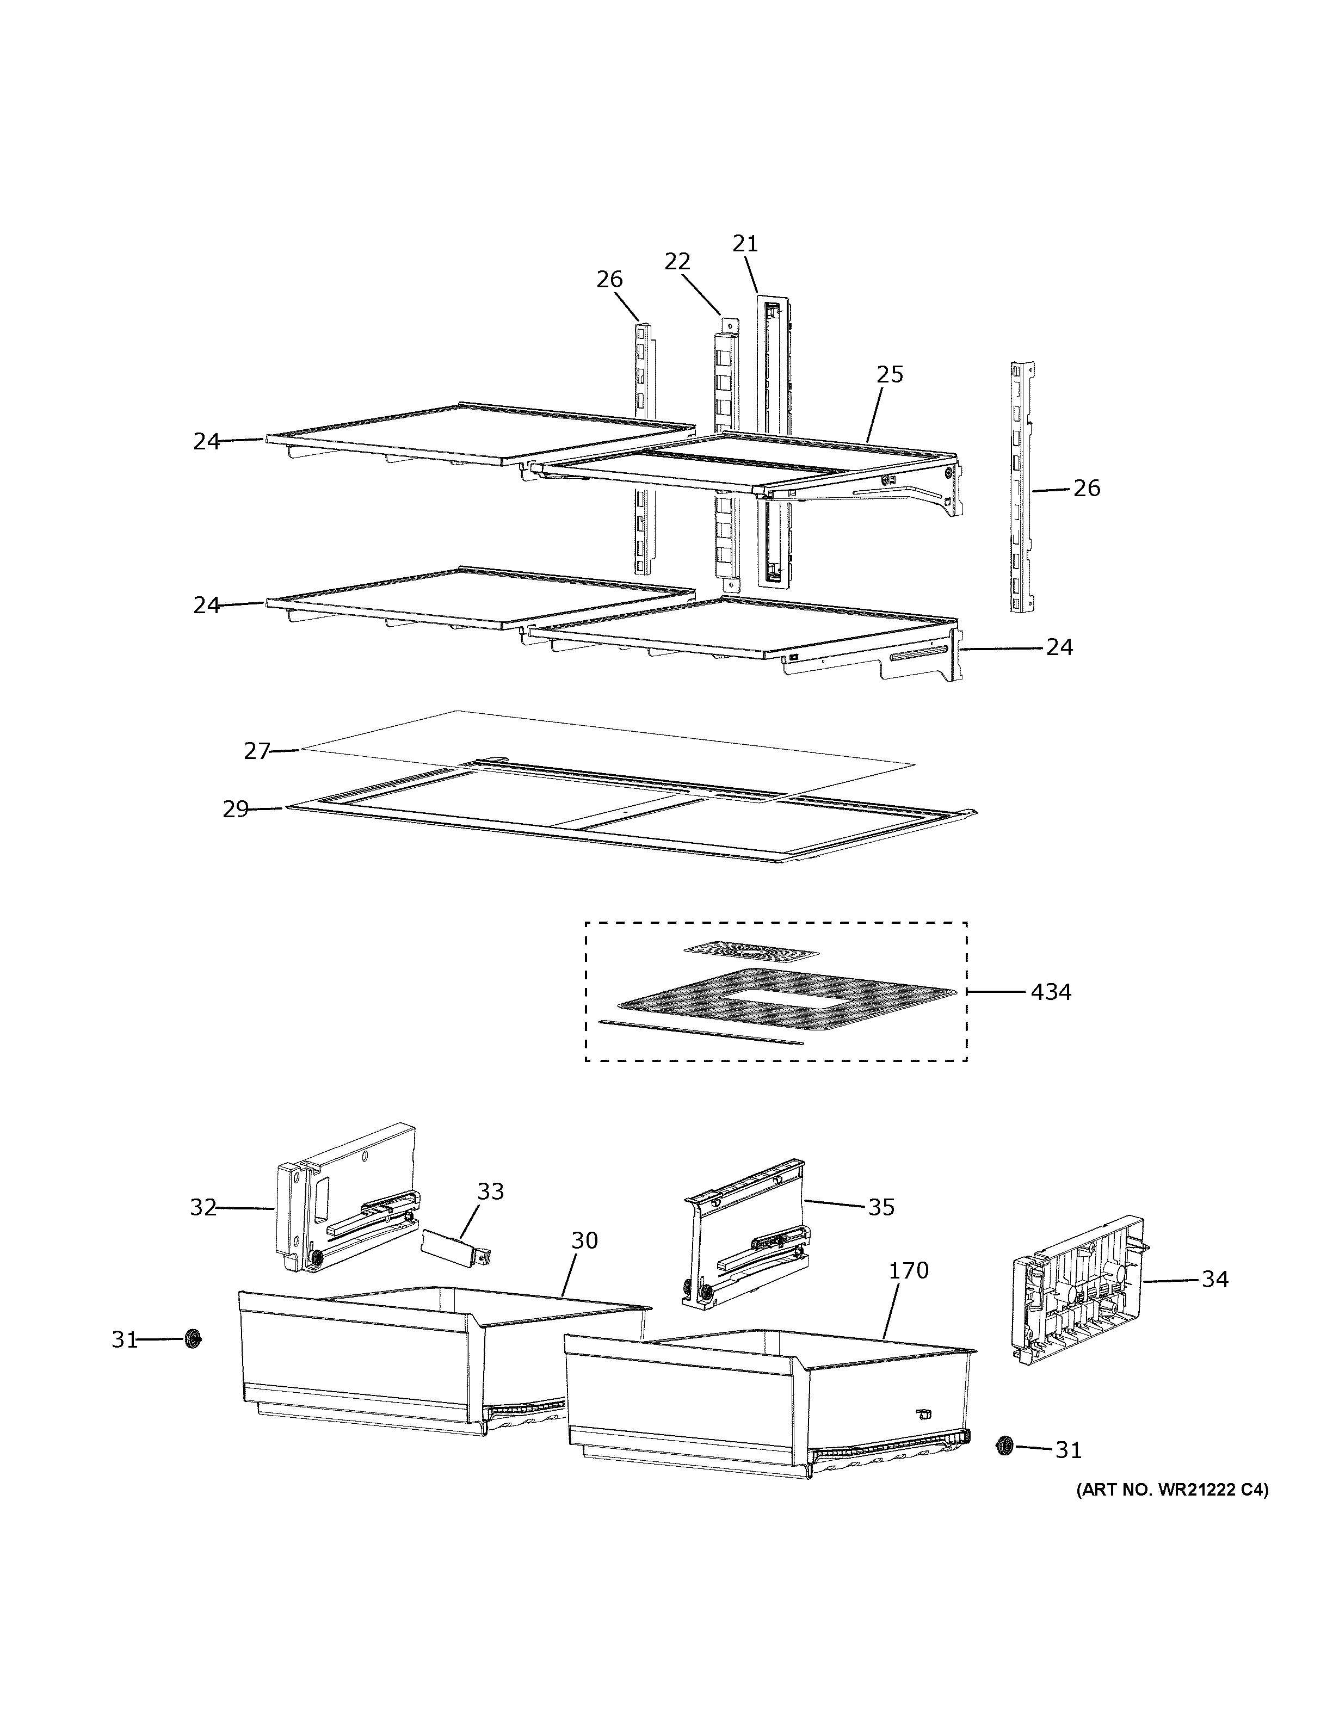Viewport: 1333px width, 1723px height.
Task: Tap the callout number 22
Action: [677, 261]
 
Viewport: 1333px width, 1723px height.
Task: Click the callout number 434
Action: [1051, 992]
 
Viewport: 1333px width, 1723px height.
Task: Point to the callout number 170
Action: [909, 1271]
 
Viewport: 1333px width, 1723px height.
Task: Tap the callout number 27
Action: [257, 751]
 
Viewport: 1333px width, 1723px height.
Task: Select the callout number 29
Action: [235, 810]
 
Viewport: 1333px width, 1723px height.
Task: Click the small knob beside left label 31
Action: [192, 1339]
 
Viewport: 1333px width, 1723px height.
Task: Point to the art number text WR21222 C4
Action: [1172, 1490]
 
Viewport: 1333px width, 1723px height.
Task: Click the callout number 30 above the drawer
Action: [584, 1240]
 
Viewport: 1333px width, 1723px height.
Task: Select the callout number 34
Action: [1215, 1279]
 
